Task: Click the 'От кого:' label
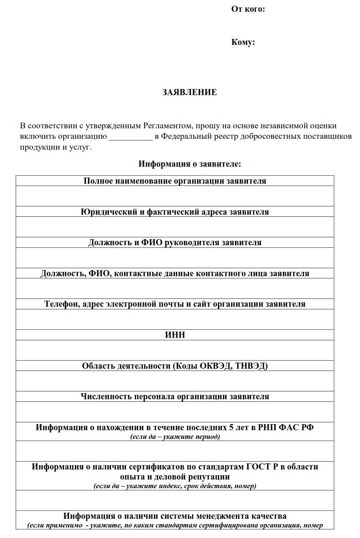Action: pos(248,9)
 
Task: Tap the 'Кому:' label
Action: pos(243,42)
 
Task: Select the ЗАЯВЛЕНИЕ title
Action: pos(190,93)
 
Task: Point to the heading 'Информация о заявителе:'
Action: pos(190,164)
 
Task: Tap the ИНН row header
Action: pos(175,335)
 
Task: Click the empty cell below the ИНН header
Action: pos(175,350)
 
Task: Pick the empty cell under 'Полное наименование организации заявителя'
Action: pos(175,196)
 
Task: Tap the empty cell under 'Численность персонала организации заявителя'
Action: pos(175,411)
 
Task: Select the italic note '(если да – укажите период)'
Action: pos(175,436)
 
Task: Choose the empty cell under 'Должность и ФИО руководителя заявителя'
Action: pos(175,257)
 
